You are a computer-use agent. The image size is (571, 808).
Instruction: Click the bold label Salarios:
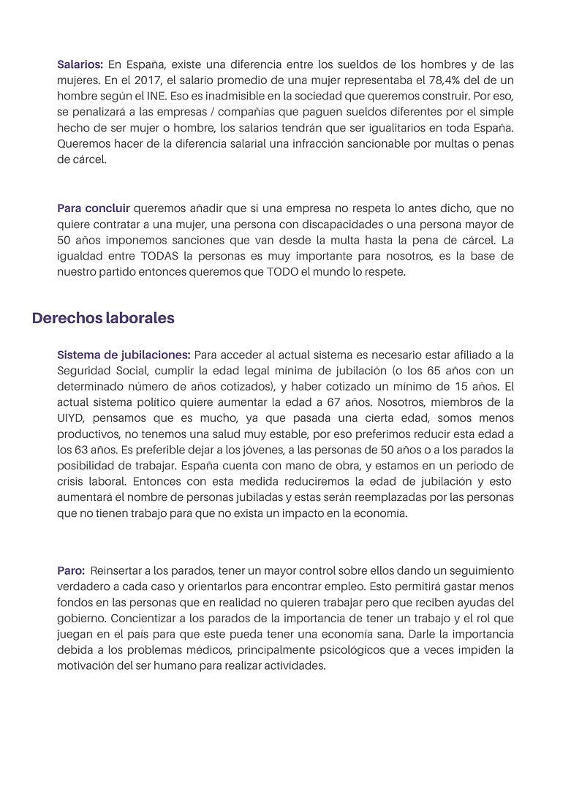(x=80, y=64)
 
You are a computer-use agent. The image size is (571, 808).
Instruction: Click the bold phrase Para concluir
(x=94, y=208)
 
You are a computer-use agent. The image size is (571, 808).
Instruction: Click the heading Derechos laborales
(x=103, y=319)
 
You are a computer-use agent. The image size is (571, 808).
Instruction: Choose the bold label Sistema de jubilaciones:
(x=124, y=355)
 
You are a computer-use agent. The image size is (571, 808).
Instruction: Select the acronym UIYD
(x=72, y=419)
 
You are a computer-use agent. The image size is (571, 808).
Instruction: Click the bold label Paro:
(x=71, y=570)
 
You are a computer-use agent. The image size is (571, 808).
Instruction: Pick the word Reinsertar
(x=119, y=570)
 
